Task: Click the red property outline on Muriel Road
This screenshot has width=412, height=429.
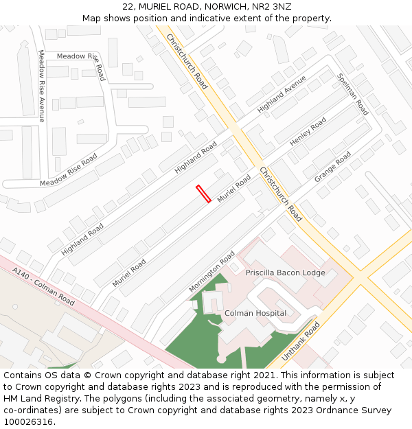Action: tap(203, 194)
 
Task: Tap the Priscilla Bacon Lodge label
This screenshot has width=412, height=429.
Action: tap(286, 273)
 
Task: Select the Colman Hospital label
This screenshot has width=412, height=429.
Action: tap(255, 313)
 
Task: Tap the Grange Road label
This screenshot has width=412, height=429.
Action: tap(333, 167)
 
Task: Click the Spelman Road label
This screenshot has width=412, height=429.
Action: tap(353, 94)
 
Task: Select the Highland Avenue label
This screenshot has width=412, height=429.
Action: tap(282, 94)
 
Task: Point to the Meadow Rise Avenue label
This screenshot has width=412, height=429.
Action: tap(41, 86)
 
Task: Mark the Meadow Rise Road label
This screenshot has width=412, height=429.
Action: tap(69, 170)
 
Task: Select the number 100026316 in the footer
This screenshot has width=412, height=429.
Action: tap(28, 421)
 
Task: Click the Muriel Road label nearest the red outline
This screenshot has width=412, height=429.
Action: tap(234, 188)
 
